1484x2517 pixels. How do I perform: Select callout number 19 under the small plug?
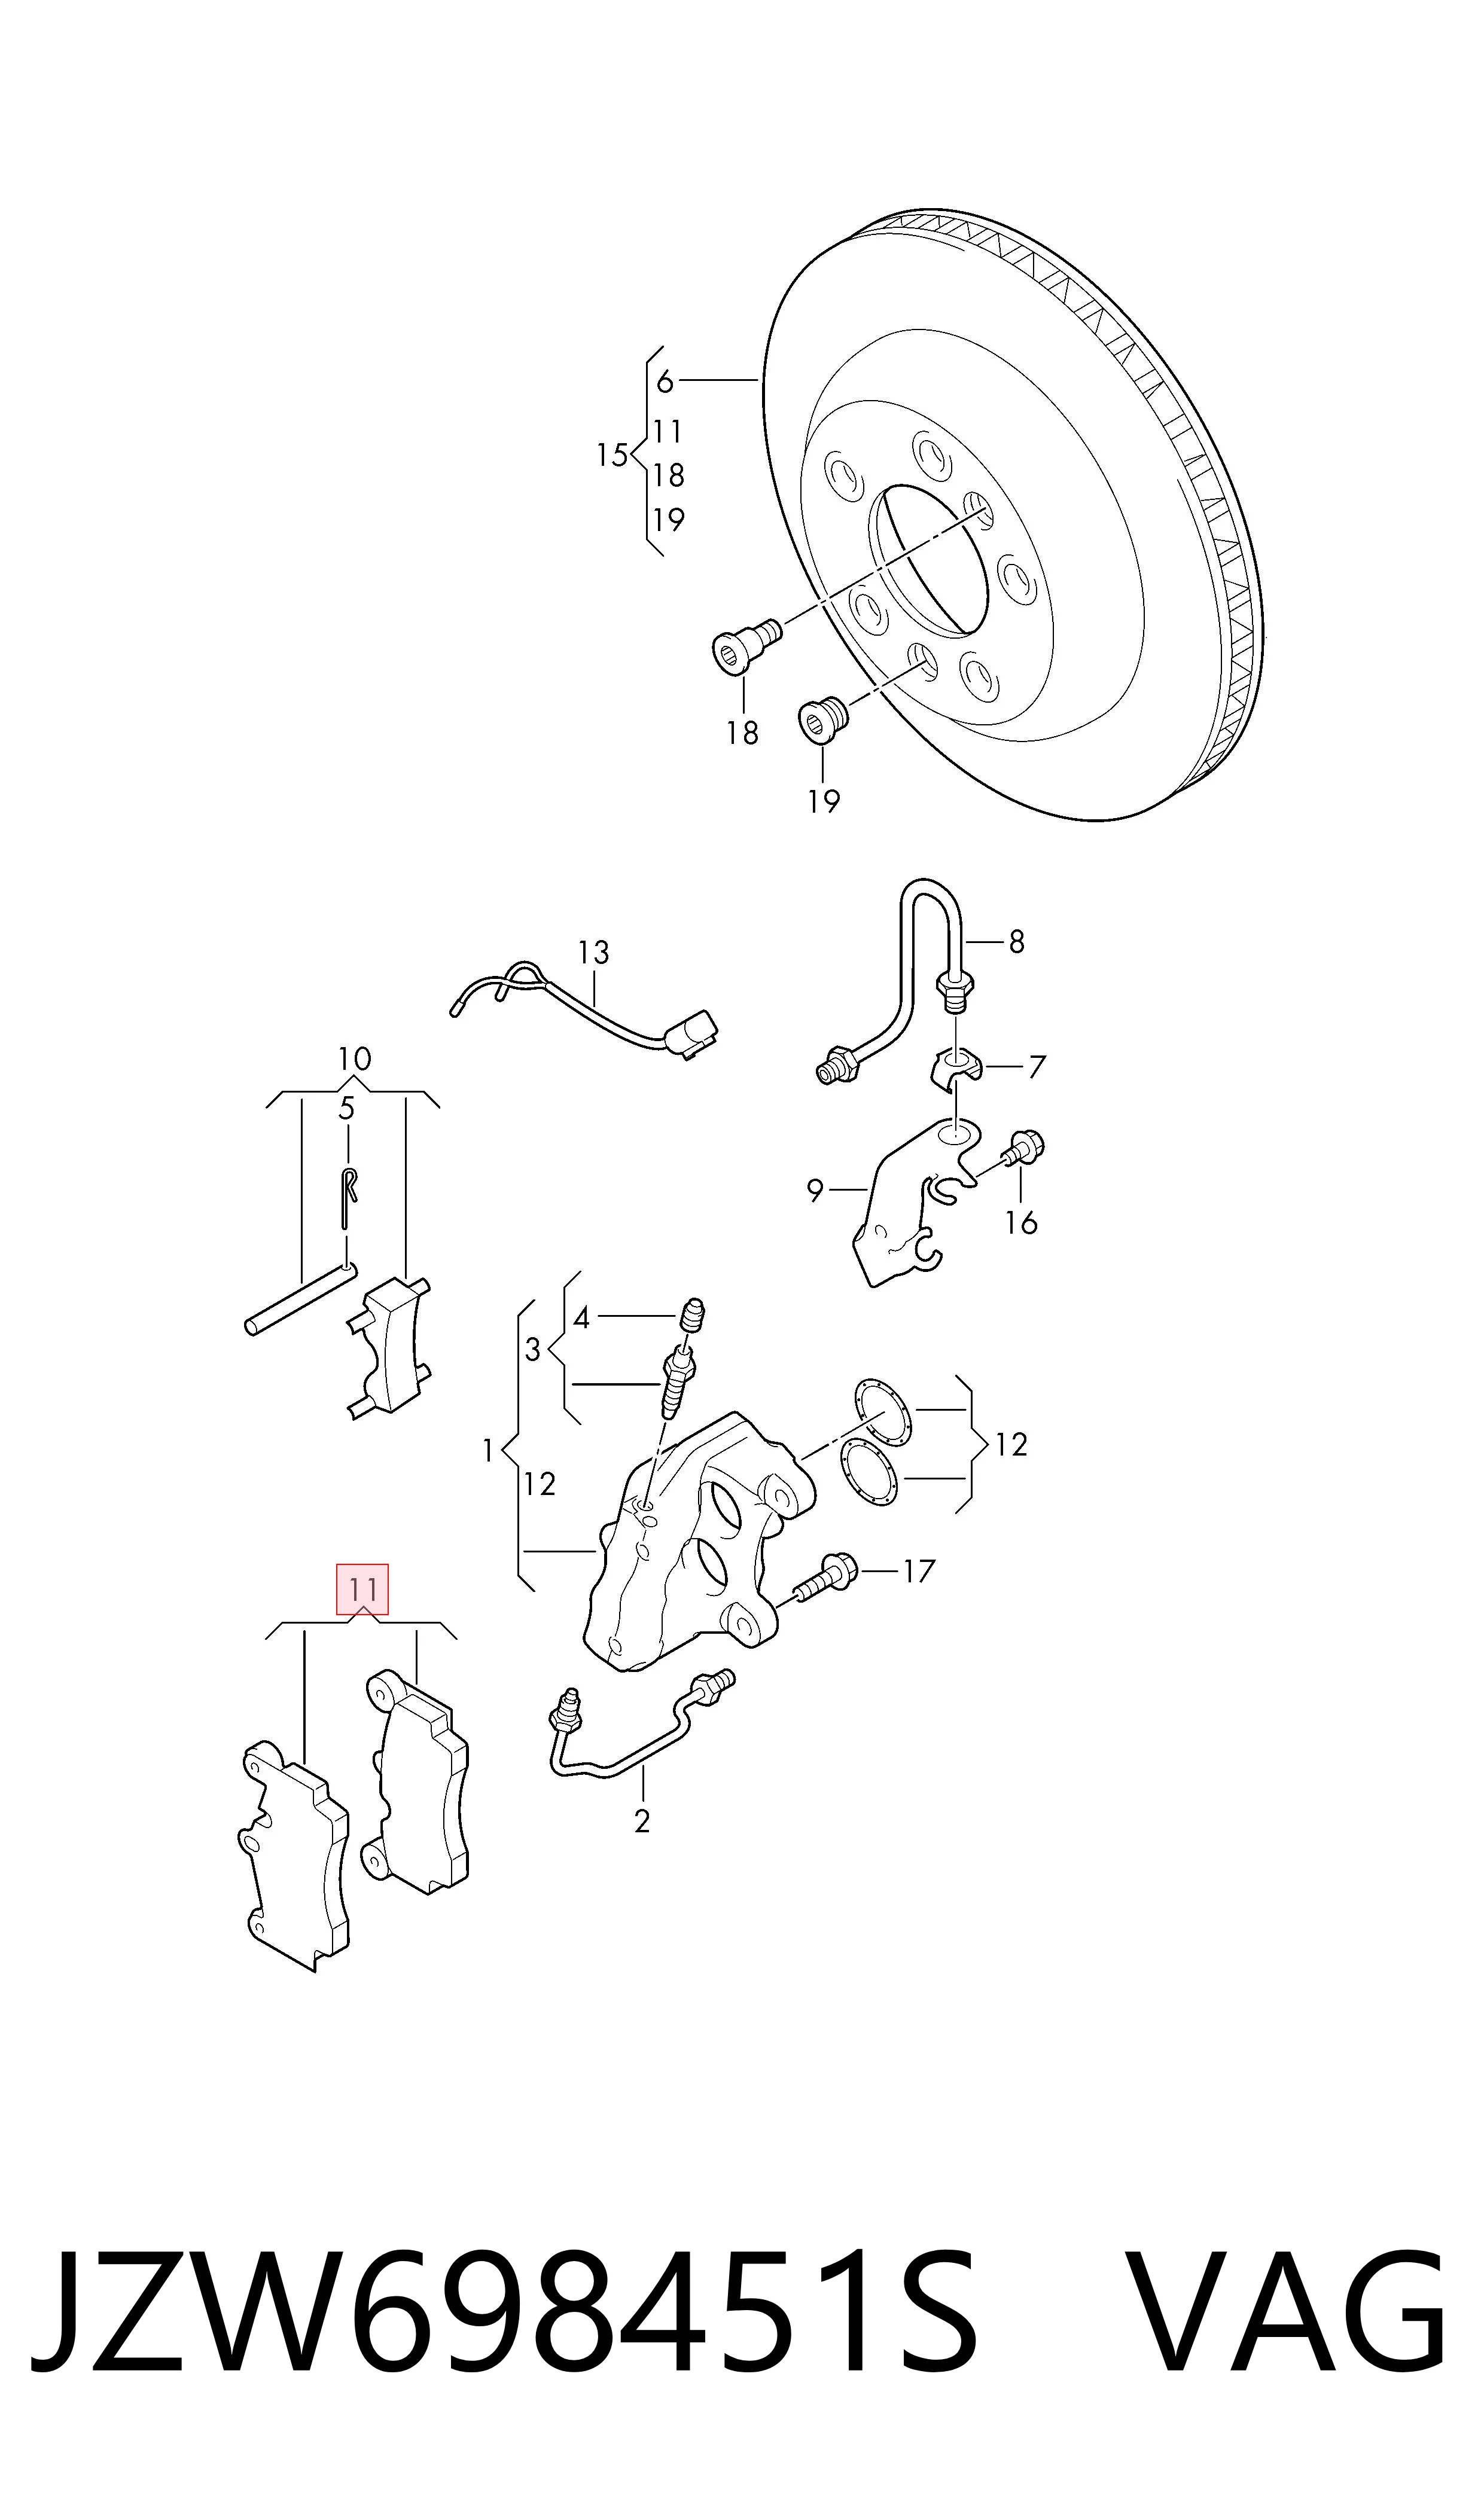click(x=824, y=801)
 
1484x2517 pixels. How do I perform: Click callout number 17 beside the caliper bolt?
click(x=918, y=1572)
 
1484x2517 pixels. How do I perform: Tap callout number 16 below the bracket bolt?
click(x=1021, y=1222)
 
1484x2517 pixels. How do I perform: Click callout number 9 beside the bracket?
click(x=815, y=1191)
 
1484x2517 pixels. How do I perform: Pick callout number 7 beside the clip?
click(x=1037, y=1067)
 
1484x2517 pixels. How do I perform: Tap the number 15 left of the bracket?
click(x=612, y=455)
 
